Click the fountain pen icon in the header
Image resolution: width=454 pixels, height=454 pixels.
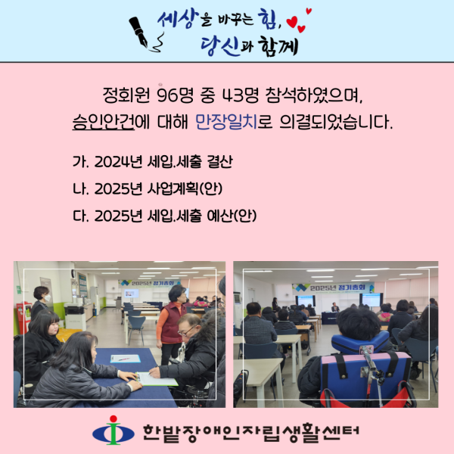click(x=142, y=30)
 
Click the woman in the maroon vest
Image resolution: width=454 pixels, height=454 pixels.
click(x=173, y=322)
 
